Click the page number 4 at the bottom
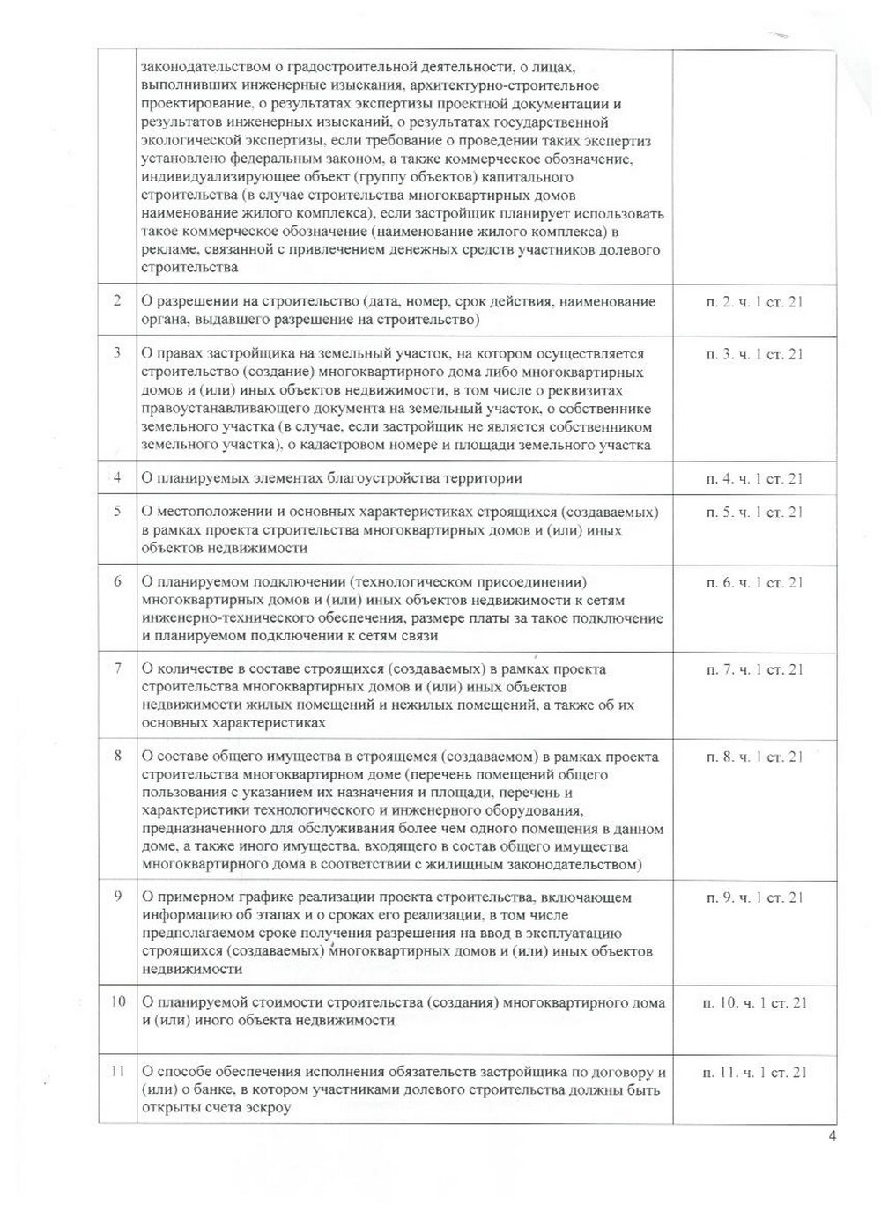pyautogui.click(x=833, y=1134)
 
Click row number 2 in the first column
pyautogui.click(x=117, y=301)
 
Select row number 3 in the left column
pyautogui.click(x=117, y=353)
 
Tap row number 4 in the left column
pyautogui.click(x=117, y=477)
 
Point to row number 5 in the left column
pyautogui.click(x=117, y=511)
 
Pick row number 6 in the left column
pyautogui.click(x=117, y=581)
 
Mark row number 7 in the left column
pyautogui.click(x=117, y=668)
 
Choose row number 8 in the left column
pyautogui.click(x=117, y=756)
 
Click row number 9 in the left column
pyautogui.click(x=117, y=897)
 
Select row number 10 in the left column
pyautogui.click(x=117, y=1001)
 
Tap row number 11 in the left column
pyautogui.click(x=117, y=1072)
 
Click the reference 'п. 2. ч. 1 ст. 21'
pyautogui.click(x=754, y=302)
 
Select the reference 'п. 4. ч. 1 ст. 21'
pyautogui.click(x=754, y=478)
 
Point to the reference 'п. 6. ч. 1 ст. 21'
pyautogui.click(x=754, y=582)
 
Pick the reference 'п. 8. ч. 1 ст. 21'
pyautogui.click(x=754, y=757)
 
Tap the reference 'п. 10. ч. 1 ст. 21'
pyautogui.click(x=754, y=1002)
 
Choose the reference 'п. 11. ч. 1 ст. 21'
pyautogui.click(x=754, y=1073)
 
